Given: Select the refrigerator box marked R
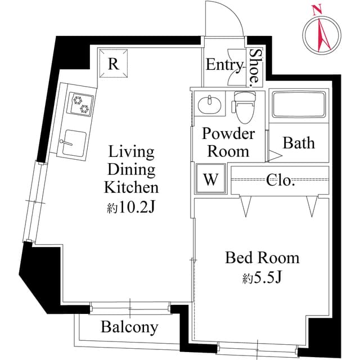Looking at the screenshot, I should (x=114, y=63).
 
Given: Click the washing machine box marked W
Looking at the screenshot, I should (x=210, y=179).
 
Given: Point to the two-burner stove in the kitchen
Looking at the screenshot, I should (x=80, y=104).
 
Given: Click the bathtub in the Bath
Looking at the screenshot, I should (x=298, y=105).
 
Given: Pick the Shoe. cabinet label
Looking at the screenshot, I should (x=255, y=66).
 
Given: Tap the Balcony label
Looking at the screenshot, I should (x=129, y=327).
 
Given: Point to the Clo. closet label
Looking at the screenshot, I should (x=280, y=181).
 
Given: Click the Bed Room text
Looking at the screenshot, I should (x=262, y=258).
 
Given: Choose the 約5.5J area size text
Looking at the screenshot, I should (x=262, y=278).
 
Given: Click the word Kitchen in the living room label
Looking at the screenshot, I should (x=131, y=187).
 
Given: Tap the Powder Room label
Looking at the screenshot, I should (x=228, y=142).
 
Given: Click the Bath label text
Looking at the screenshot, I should (x=298, y=143).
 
